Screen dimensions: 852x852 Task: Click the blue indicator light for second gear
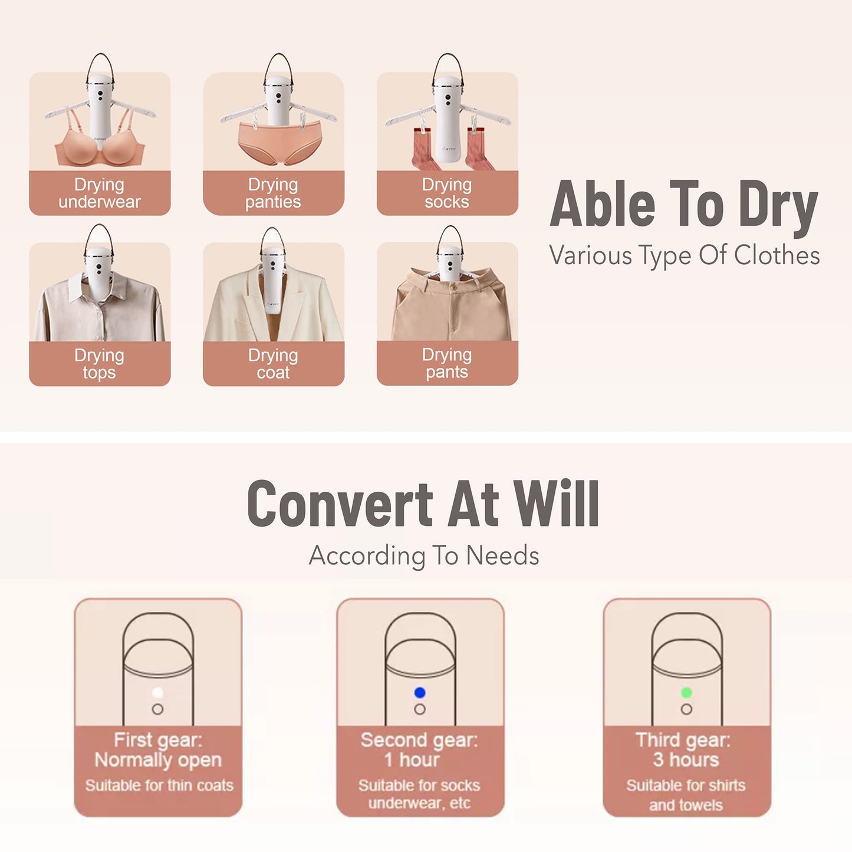[x=420, y=692]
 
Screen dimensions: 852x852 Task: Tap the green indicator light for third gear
[x=686, y=692]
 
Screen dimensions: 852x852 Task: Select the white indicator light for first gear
[x=157, y=692]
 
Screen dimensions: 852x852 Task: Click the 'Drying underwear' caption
[x=100, y=193]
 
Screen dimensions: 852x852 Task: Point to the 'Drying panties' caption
[x=273, y=193]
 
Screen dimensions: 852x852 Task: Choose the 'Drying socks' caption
[x=447, y=193]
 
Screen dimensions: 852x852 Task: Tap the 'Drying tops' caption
[x=100, y=364]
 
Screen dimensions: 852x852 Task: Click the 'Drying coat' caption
[x=273, y=364]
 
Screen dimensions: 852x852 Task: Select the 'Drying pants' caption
[x=447, y=363]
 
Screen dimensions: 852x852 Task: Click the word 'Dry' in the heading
[x=778, y=206]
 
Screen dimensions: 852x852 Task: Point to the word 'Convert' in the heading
[x=340, y=504]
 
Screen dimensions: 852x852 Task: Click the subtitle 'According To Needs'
[x=424, y=555]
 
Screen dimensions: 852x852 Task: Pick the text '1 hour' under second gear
[x=412, y=759]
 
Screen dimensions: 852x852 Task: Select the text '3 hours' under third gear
[x=686, y=759]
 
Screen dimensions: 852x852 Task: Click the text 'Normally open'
[x=158, y=761]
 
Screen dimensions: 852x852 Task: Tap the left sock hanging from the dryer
[x=423, y=149]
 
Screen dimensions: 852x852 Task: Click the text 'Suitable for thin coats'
[x=159, y=785]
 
